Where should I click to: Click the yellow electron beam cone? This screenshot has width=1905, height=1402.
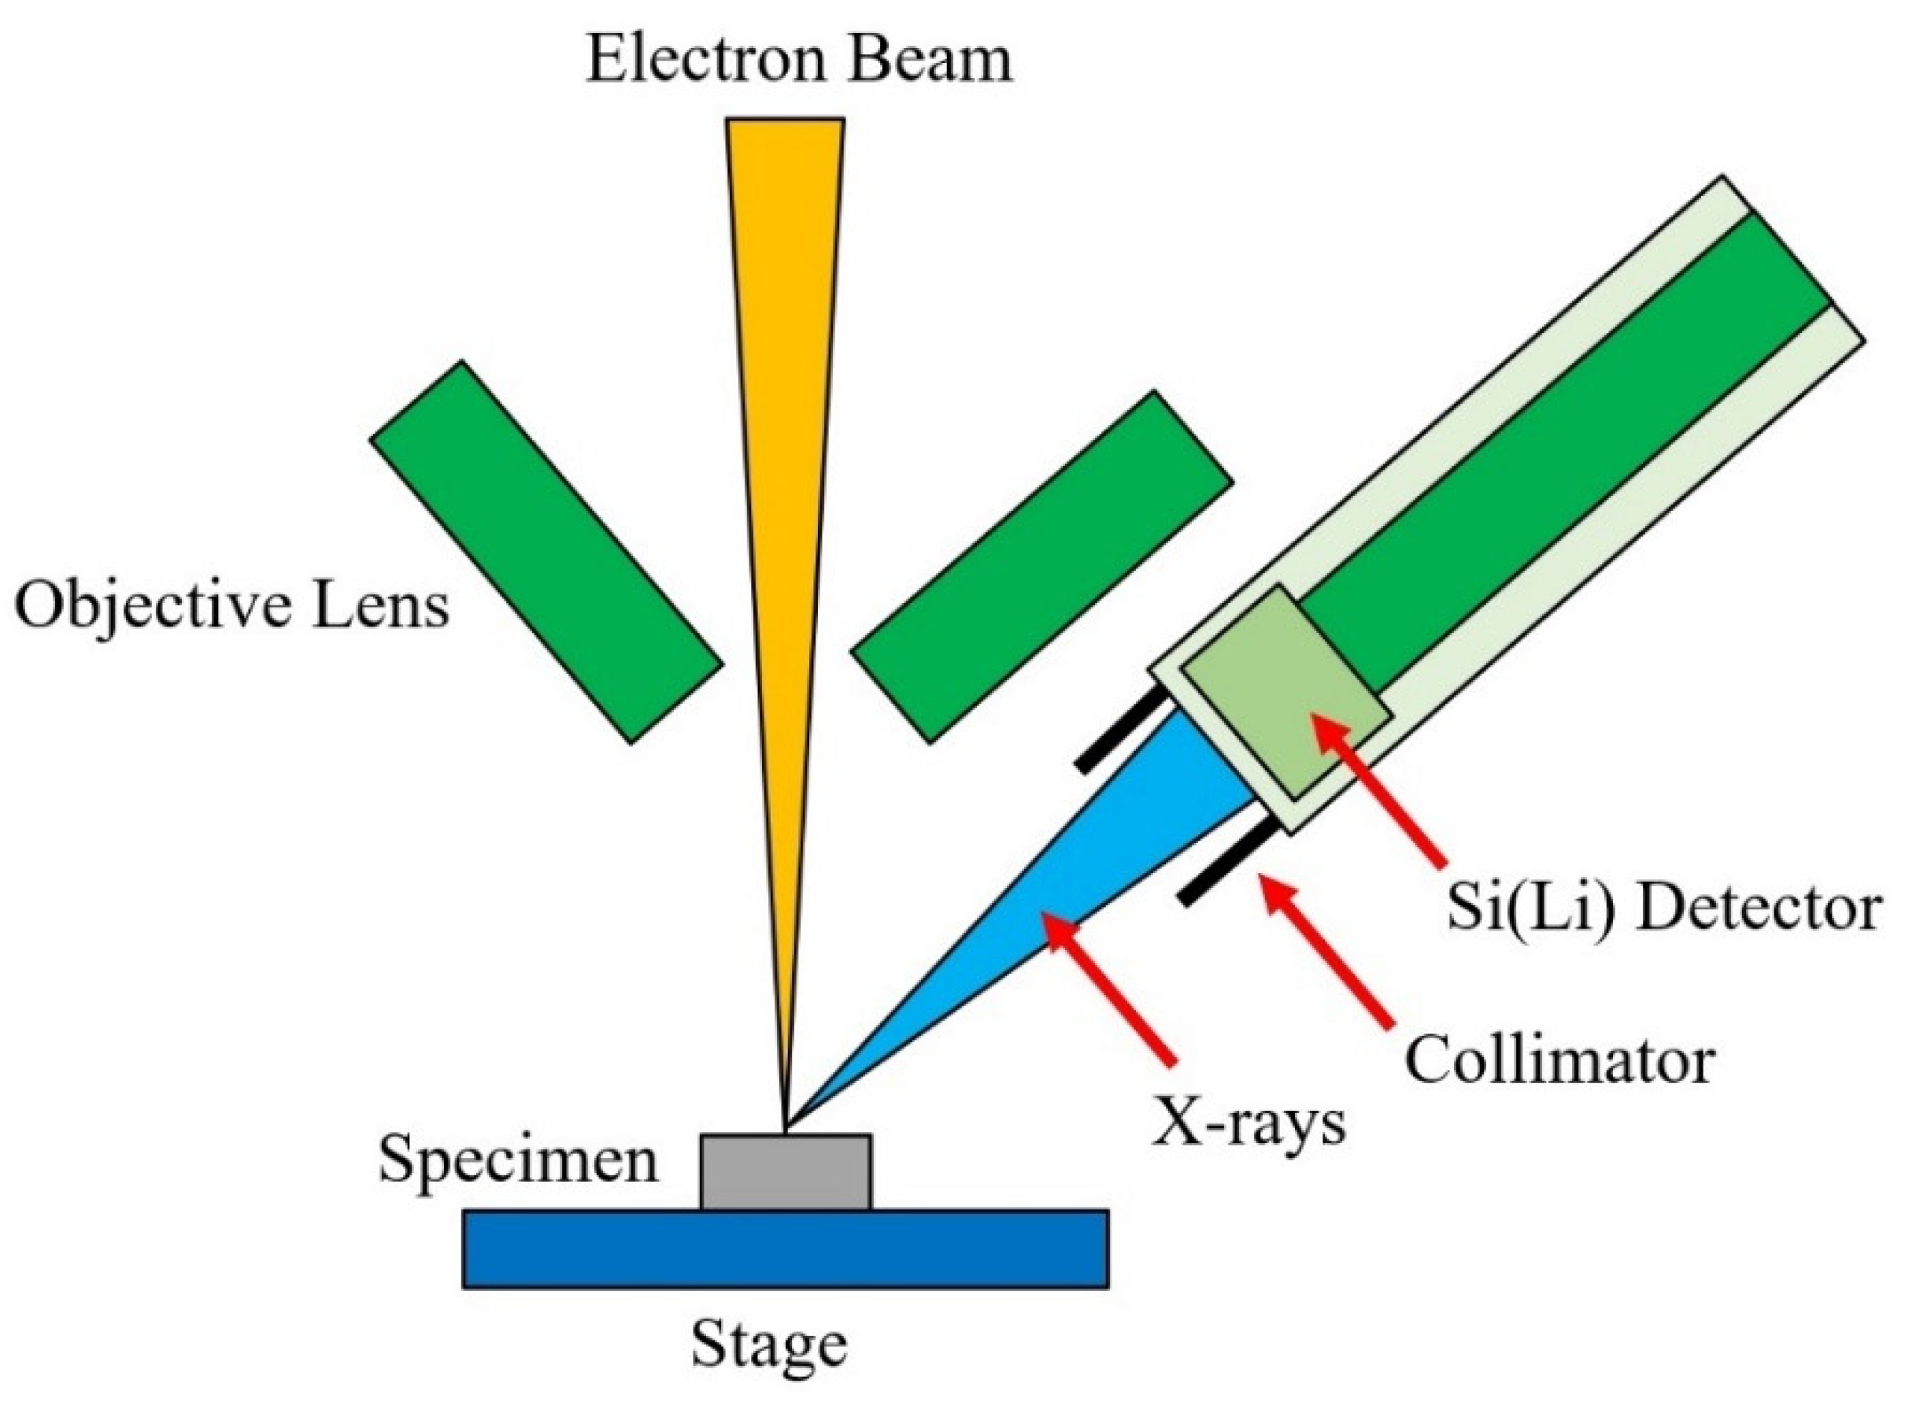click(785, 424)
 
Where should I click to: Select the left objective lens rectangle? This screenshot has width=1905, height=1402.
click(546, 553)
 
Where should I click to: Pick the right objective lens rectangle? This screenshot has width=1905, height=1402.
click(1041, 567)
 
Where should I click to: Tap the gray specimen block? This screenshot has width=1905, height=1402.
click(786, 1171)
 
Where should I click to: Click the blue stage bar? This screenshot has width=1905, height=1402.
click(786, 1249)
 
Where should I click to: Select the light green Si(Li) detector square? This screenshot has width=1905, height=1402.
click(1285, 692)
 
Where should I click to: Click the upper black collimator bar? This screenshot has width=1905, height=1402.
click(1122, 731)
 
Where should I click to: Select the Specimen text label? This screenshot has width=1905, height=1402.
click(518, 1160)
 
